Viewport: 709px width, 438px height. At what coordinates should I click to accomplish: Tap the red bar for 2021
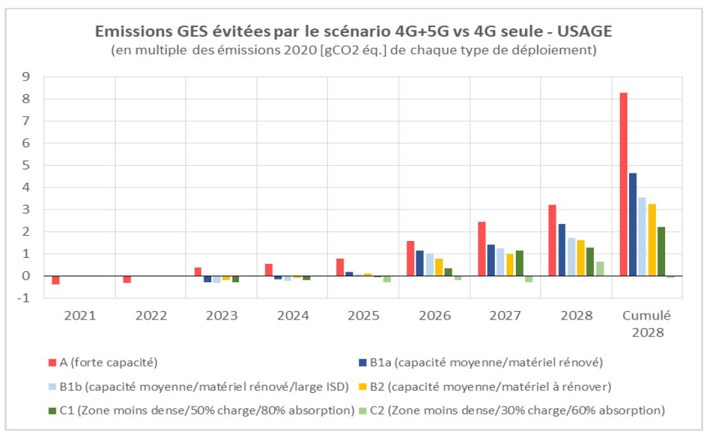[x=56, y=280]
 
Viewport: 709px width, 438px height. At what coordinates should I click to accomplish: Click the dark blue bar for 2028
[x=562, y=249]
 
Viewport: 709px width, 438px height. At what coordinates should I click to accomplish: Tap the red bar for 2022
[x=127, y=280]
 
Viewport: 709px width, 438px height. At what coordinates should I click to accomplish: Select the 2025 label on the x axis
[x=363, y=316]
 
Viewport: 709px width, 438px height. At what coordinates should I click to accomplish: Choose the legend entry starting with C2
[x=515, y=411]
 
